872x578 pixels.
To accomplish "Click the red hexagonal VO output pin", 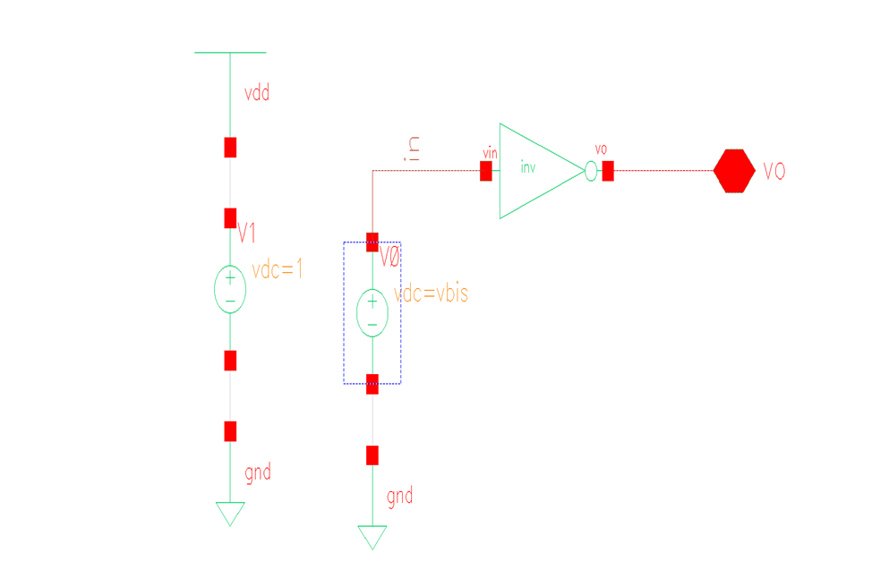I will [x=734, y=171].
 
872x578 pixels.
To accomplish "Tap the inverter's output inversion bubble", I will [x=590, y=171].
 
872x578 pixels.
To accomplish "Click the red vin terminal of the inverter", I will [x=486, y=171].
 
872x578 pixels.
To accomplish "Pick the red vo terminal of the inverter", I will [x=608, y=171].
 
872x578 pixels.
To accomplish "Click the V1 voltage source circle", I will [x=230, y=289].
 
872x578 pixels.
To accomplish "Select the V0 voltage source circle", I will [x=372, y=313].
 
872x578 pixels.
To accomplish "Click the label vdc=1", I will [x=278, y=269].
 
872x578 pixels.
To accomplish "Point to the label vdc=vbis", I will [x=432, y=293].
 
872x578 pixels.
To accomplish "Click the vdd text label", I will [x=257, y=93].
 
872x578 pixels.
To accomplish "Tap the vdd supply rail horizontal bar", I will [x=230, y=53].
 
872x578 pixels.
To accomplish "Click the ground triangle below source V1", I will [x=230, y=513].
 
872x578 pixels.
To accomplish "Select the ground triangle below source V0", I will [x=372, y=536].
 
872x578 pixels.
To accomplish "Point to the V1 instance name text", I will [x=248, y=234].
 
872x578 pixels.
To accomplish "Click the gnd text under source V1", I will [x=258, y=472].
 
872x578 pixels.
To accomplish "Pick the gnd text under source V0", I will [x=400, y=496].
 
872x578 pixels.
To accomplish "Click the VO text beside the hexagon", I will [x=774, y=172].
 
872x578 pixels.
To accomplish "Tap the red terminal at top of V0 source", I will [x=372, y=242].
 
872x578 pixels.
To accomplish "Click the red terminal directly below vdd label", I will [x=230, y=147].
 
